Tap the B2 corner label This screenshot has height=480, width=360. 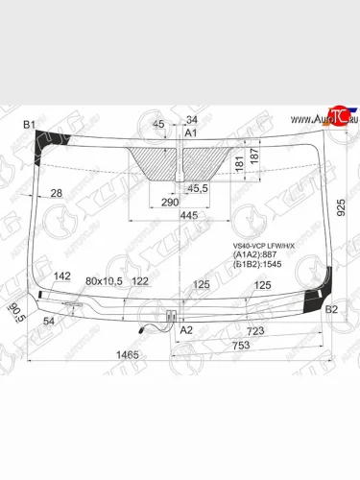click(332, 309)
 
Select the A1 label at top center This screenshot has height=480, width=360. click(190, 132)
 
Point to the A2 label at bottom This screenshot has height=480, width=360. click(186, 329)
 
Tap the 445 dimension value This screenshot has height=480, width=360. click(187, 215)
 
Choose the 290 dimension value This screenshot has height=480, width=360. click(169, 204)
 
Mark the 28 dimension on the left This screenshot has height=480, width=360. click(56, 193)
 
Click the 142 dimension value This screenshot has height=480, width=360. click(62, 276)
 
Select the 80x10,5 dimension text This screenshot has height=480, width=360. click(105, 280)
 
